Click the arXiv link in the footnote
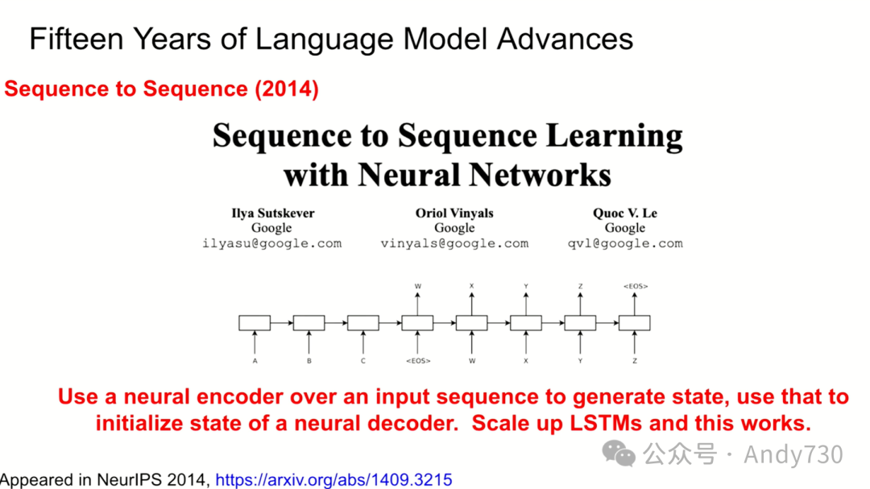tap(333, 479)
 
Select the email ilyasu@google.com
tap(272, 243)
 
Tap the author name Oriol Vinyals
tap(454, 213)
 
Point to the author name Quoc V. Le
tap(625, 213)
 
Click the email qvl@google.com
tap(625, 243)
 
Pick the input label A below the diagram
tap(255, 361)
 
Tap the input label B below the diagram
tap(309, 361)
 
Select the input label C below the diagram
tap(362, 361)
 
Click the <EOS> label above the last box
tap(635, 286)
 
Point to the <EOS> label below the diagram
tap(417, 361)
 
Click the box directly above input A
tap(255, 323)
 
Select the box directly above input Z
tap(635, 323)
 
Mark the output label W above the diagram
tap(417, 286)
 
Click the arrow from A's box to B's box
tap(281, 323)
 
